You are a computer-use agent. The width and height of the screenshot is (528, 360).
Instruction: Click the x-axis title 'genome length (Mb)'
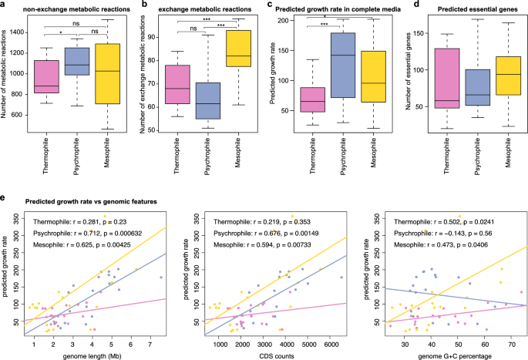(x=92, y=354)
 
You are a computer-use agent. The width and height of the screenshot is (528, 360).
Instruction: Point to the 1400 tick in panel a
(x=32, y=30)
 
